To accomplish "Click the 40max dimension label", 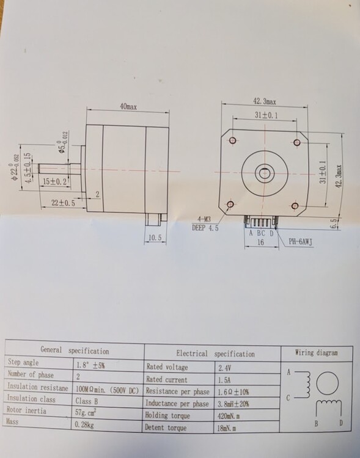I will (128, 106).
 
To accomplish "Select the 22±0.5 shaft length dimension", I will (62, 203).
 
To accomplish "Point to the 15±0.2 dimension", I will (56, 181).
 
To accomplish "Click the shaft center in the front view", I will (265, 173).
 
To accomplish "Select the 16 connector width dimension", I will (260, 242).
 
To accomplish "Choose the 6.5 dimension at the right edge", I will (334, 224).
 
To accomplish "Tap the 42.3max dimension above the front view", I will (264, 102).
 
